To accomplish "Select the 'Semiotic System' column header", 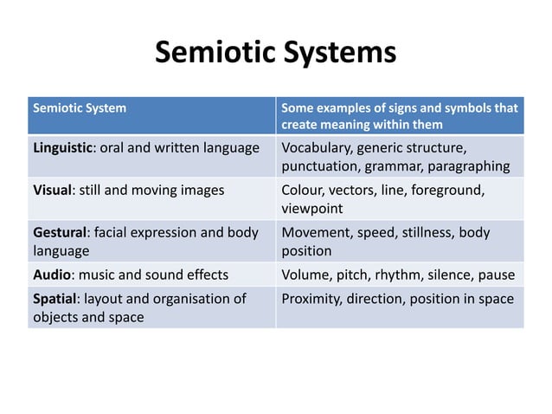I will tap(79, 109).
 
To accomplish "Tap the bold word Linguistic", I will tap(63, 147).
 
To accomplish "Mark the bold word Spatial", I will tap(55, 299).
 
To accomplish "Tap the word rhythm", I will tap(399, 275).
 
